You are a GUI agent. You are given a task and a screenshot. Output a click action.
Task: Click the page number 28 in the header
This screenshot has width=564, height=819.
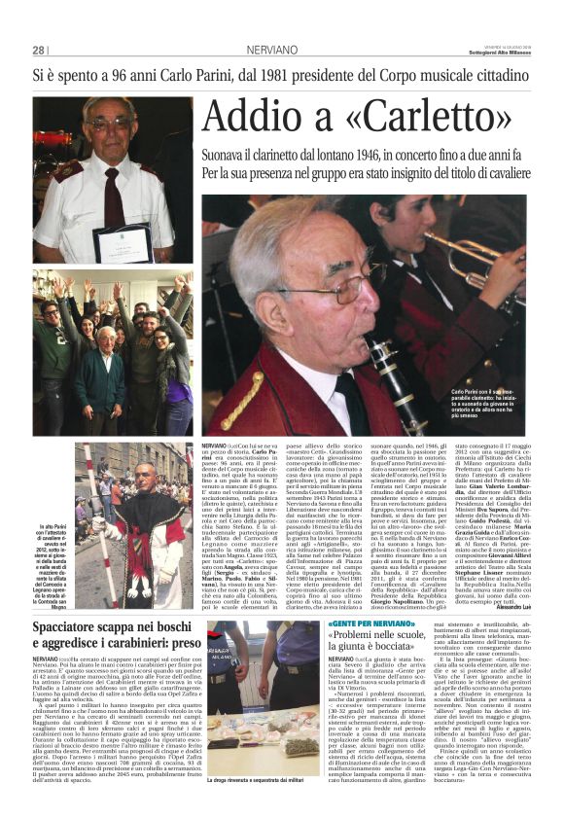38,50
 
